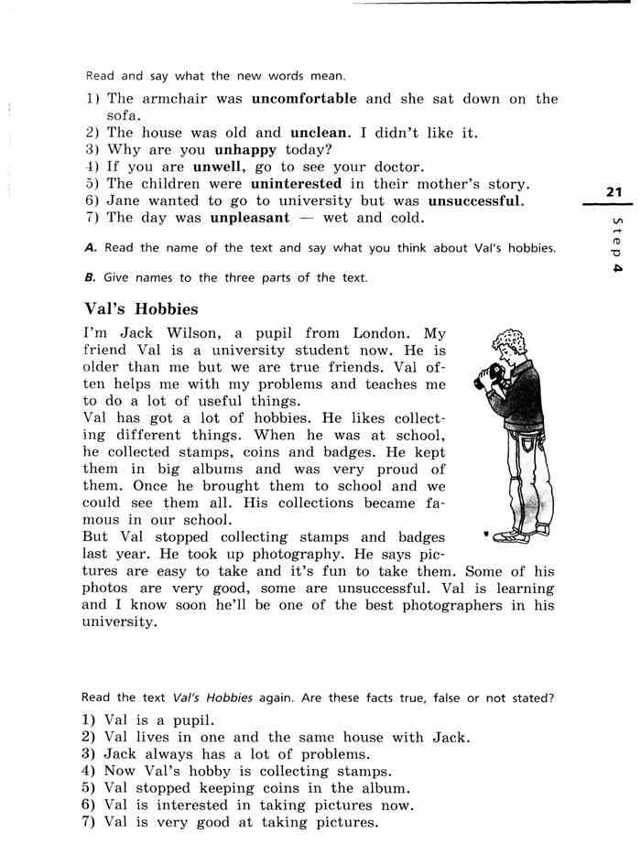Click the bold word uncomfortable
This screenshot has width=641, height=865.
[x=304, y=99]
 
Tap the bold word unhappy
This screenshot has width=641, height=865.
[x=247, y=150]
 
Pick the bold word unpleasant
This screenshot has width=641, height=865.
[x=249, y=218]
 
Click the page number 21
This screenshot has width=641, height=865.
[x=614, y=191]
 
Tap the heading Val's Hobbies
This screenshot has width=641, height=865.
[x=140, y=309]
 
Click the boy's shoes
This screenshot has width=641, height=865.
[x=513, y=535]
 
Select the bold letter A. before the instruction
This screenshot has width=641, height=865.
[x=90, y=248]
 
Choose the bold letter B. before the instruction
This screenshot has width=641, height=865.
[x=90, y=278]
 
